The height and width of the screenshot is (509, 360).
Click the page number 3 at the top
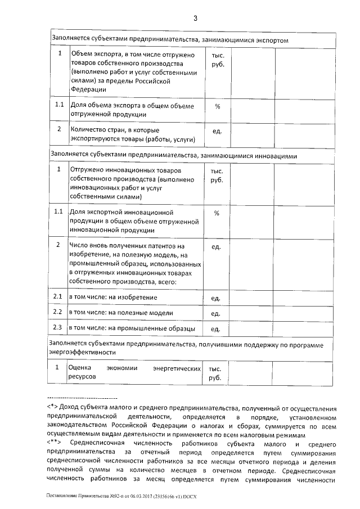coord(195,18)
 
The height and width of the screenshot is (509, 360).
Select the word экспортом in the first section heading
coord(271,40)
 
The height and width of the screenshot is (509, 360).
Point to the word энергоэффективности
coord(83,353)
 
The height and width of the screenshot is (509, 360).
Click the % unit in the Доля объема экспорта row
coord(217,106)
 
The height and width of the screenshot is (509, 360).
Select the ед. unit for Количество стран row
coord(217,132)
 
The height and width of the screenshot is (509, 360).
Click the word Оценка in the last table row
coord(79,368)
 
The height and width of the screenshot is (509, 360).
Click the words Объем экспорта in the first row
coord(92,55)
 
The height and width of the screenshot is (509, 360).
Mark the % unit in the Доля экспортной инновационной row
coord(217,213)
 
